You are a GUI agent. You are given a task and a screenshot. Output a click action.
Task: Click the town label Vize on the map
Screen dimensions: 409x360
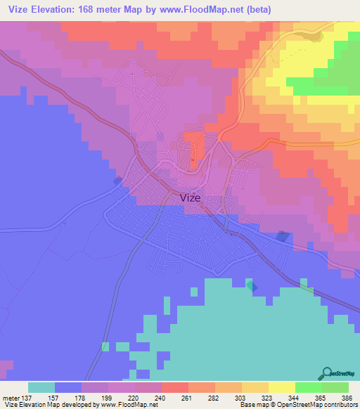[x=191, y=197]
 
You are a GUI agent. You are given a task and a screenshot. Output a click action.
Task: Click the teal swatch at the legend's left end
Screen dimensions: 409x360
[x=41, y=387]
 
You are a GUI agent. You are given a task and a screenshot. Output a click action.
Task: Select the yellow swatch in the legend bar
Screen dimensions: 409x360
[x=282, y=387]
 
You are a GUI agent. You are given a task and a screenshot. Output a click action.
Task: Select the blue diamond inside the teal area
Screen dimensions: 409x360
[x=252, y=286]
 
